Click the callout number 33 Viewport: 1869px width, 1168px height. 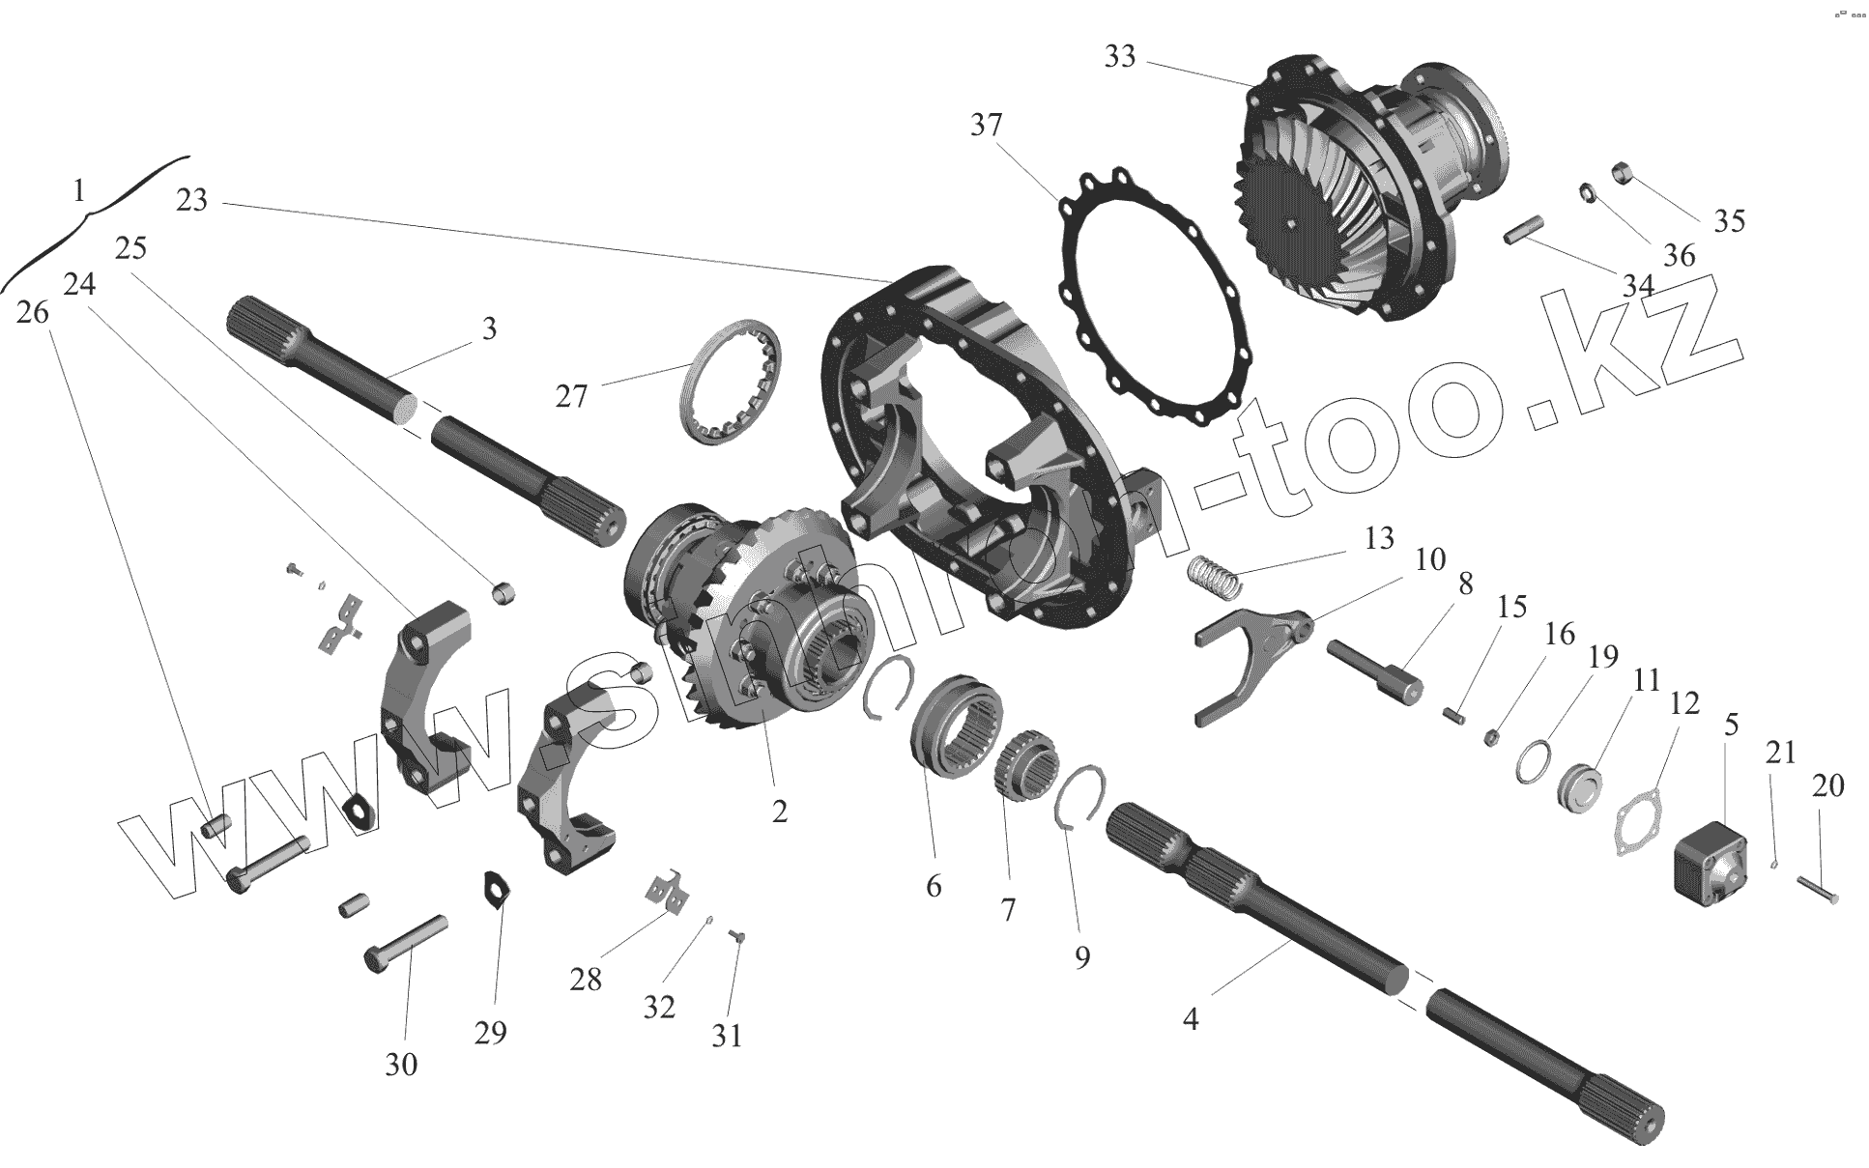(x=1120, y=58)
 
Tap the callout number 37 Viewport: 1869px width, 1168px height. (x=987, y=126)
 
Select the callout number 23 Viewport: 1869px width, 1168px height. (x=192, y=201)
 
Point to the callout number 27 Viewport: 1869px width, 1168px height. (x=571, y=396)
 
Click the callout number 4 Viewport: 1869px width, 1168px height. (x=1191, y=1018)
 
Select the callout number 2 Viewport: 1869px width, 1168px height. (x=780, y=811)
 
